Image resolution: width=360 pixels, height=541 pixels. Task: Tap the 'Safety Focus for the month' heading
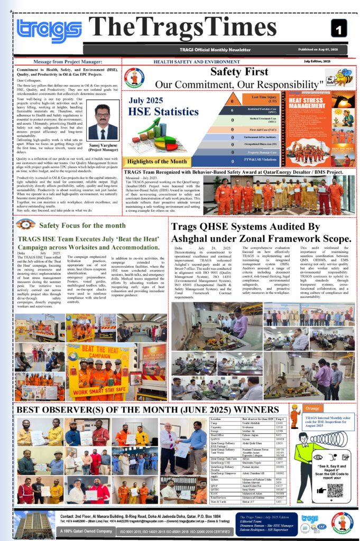[82, 225]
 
